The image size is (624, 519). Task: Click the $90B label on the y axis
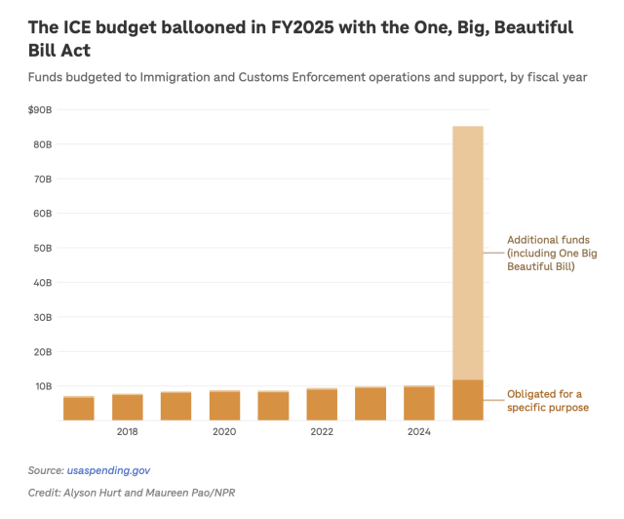coord(40,109)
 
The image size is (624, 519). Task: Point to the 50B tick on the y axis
coord(41,248)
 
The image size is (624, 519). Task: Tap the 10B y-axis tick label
coord(41,386)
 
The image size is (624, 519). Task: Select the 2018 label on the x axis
coord(127,431)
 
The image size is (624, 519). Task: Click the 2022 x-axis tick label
coord(322,431)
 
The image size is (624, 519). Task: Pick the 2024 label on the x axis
coord(419,431)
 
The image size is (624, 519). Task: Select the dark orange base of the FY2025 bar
coord(468,400)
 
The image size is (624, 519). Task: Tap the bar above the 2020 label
coord(224,406)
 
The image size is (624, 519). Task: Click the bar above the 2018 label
coord(127,407)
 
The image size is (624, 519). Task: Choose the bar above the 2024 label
coord(419,403)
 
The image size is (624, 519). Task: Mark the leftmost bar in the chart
coord(78,409)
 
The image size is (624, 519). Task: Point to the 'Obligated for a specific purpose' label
coord(547,401)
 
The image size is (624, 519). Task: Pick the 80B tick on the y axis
coord(41,144)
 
